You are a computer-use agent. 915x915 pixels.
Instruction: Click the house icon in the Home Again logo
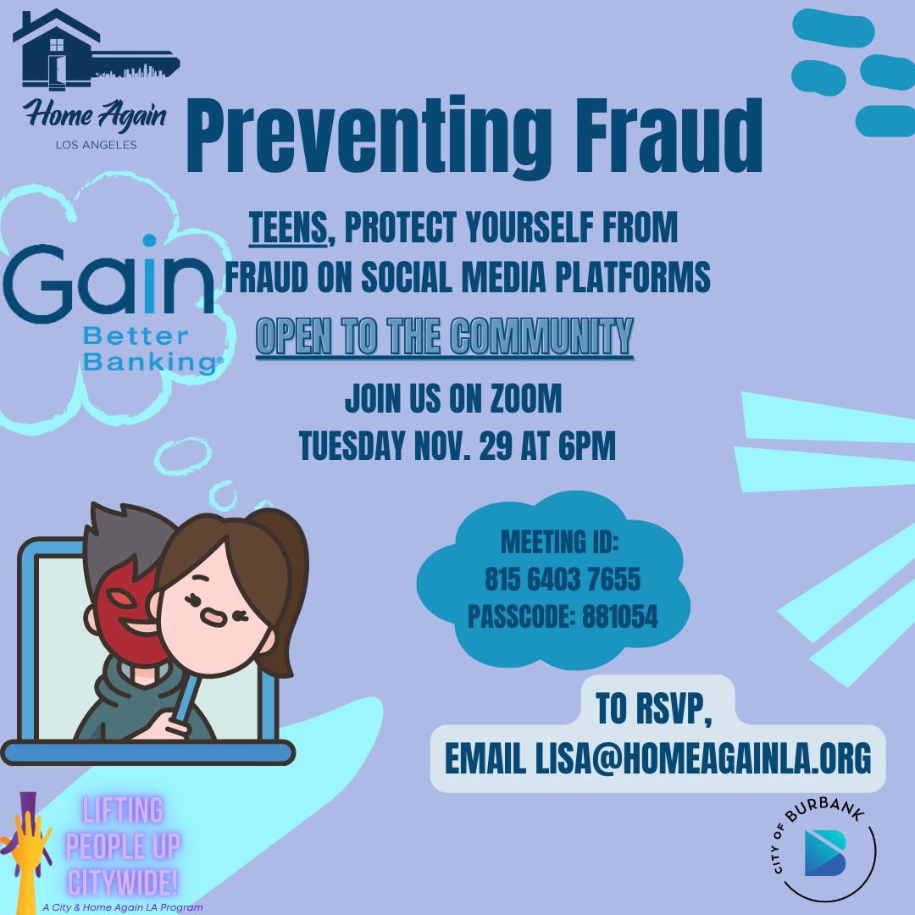point(55,50)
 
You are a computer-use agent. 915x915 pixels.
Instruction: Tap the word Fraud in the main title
point(669,135)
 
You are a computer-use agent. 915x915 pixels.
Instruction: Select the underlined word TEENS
point(288,227)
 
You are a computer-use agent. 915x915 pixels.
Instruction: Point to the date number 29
point(496,446)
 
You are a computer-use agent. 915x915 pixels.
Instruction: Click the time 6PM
point(586,446)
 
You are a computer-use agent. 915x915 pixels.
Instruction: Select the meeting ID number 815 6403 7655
point(563,579)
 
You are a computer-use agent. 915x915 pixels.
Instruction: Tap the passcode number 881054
point(619,616)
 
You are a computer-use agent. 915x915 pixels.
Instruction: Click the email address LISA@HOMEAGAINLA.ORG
point(702,758)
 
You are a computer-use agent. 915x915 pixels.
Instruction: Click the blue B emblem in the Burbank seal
point(825,852)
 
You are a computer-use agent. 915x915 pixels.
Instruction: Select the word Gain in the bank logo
point(108,279)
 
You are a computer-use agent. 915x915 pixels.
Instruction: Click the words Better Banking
point(152,349)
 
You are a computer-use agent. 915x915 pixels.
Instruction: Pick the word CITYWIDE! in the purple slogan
point(123,882)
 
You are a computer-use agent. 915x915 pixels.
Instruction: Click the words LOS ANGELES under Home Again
point(97,145)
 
